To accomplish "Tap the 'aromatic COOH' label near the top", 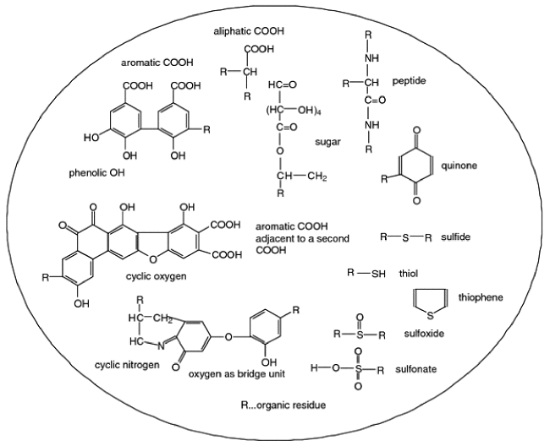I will tap(157, 63).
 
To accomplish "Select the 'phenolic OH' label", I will tap(97, 174).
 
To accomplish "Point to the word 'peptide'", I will tap(409, 81).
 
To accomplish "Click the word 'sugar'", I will tap(327, 142).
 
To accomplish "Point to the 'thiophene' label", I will tap(481, 296).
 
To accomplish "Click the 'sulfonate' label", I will tap(450, 369).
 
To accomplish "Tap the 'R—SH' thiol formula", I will tap(366, 273).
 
